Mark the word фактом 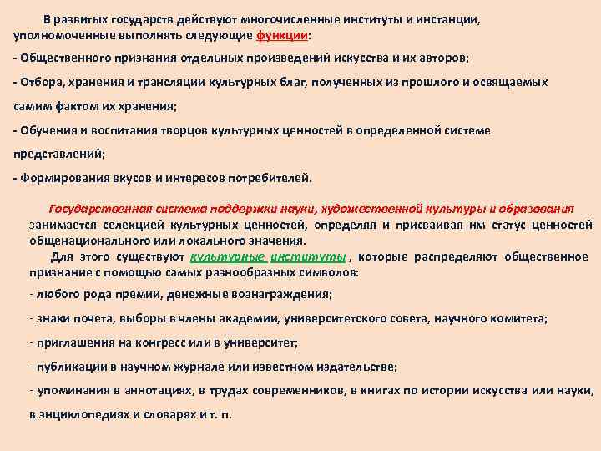coord(87,107)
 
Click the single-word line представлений coord(54,155)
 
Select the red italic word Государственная coord(99,209)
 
